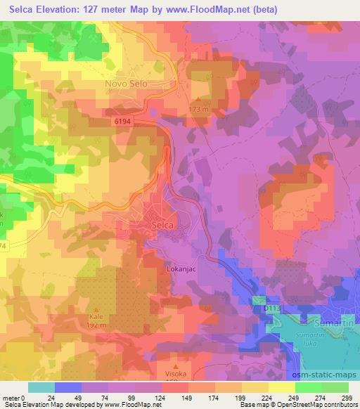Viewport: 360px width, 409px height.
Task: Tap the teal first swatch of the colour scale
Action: (x=41, y=387)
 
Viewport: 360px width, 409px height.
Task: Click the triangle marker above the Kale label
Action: (x=97, y=309)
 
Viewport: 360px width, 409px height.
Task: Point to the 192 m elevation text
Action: (x=97, y=326)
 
